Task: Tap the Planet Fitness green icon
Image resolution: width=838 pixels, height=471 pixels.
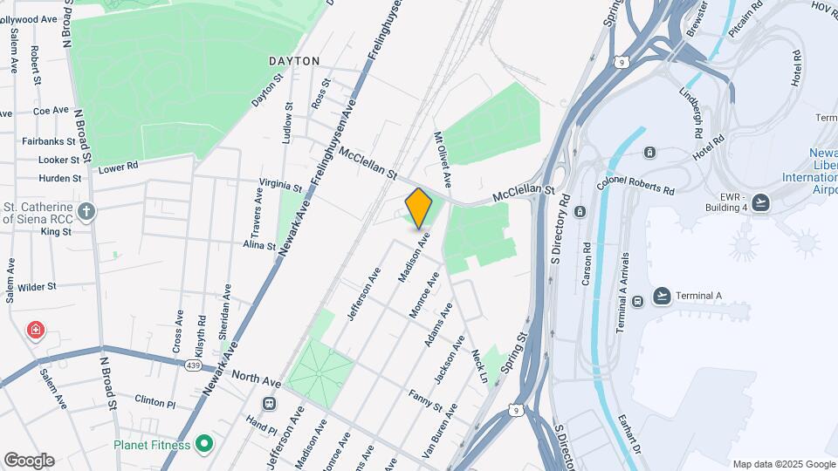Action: click(204, 444)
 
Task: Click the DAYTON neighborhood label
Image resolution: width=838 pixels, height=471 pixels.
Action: click(294, 61)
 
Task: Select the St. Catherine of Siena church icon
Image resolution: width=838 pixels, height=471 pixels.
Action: click(86, 211)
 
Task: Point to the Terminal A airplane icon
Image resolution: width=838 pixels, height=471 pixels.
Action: click(662, 296)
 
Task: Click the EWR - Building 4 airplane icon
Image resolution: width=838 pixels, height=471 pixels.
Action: click(761, 203)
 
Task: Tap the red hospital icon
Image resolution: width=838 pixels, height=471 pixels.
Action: click(36, 331)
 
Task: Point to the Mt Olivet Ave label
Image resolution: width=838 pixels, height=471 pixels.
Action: click(443, 159)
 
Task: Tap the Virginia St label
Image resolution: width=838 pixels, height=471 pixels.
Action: click(280, 188)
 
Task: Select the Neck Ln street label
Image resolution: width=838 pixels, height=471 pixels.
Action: click(478, 365)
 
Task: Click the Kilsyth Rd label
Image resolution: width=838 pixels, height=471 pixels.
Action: click(202, 333)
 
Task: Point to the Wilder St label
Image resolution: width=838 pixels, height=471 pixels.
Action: click(37, 286)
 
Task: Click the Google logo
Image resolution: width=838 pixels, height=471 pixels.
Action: click(29, 461)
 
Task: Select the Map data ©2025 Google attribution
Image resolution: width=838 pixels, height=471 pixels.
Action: click(783, 464)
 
